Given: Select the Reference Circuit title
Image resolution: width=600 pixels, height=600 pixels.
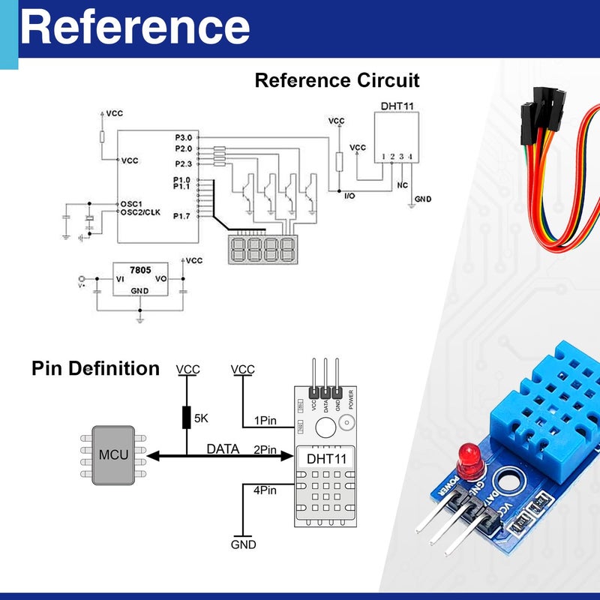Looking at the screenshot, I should click(337, 80).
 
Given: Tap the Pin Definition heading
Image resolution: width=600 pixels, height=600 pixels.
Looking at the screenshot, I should click(95, 369).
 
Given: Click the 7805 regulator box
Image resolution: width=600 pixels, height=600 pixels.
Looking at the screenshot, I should click(139, 279).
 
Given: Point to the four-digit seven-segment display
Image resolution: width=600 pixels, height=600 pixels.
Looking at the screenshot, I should click(262, 248).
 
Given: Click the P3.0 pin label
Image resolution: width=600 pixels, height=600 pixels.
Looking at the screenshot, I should click(183, 138).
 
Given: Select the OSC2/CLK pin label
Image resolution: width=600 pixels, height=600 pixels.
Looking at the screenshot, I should click(141, 212).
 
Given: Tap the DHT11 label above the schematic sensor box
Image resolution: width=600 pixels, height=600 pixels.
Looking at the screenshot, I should click(397, 106).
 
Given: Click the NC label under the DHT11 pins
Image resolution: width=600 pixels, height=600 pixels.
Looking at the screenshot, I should click(403, 184).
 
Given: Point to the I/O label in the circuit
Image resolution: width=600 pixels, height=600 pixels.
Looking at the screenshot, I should click(349, 196).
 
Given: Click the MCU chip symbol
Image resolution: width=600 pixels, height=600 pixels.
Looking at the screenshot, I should click(113, 455).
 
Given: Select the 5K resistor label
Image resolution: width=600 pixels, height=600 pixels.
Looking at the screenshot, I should click(201, 418).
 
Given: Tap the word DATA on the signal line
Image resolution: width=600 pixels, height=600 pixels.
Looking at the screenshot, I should click(223, 449).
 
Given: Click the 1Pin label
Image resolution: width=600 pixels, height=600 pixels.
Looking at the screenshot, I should click(265, 421).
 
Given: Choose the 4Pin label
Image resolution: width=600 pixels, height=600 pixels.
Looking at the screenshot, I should click(265, 490).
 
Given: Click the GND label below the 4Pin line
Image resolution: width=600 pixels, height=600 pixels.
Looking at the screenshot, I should click(244, 545).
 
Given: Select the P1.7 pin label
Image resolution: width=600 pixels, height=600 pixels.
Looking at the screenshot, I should click(182, 217).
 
